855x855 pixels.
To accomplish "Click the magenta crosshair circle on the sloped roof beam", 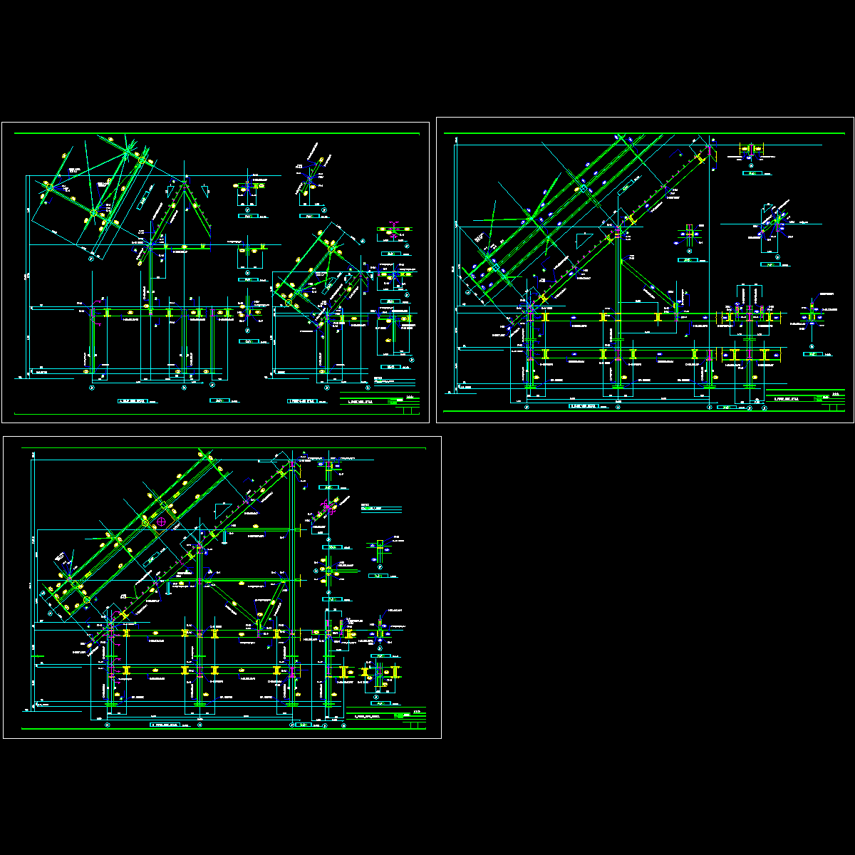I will [162, 522].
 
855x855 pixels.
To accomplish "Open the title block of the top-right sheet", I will [805, 400].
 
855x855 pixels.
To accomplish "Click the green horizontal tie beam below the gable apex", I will [182, 247].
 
